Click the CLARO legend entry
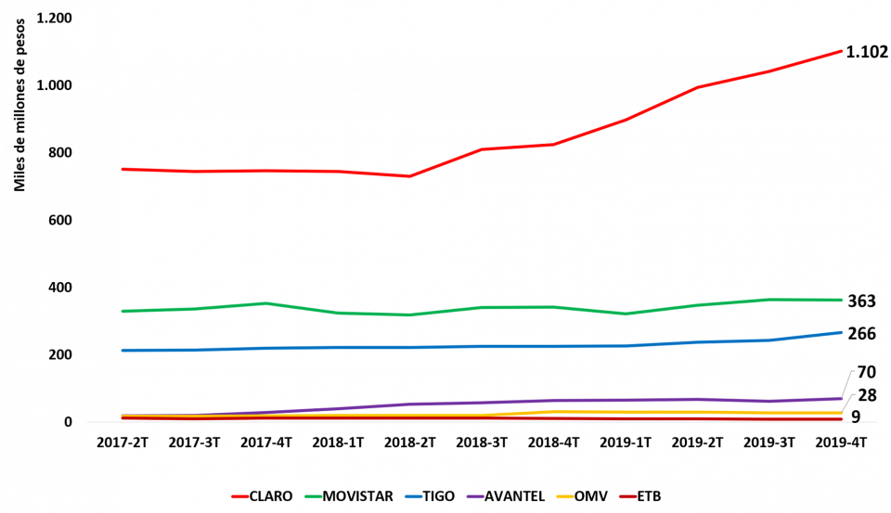(x=264, y=496)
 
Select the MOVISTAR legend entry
(x=353, y=496)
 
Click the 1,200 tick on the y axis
(x=56, y=18)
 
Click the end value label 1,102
(x=867, y=51)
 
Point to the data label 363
(x=861, y=300)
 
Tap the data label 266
(x=861, y=333)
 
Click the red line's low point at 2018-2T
(x=408, y=176)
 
